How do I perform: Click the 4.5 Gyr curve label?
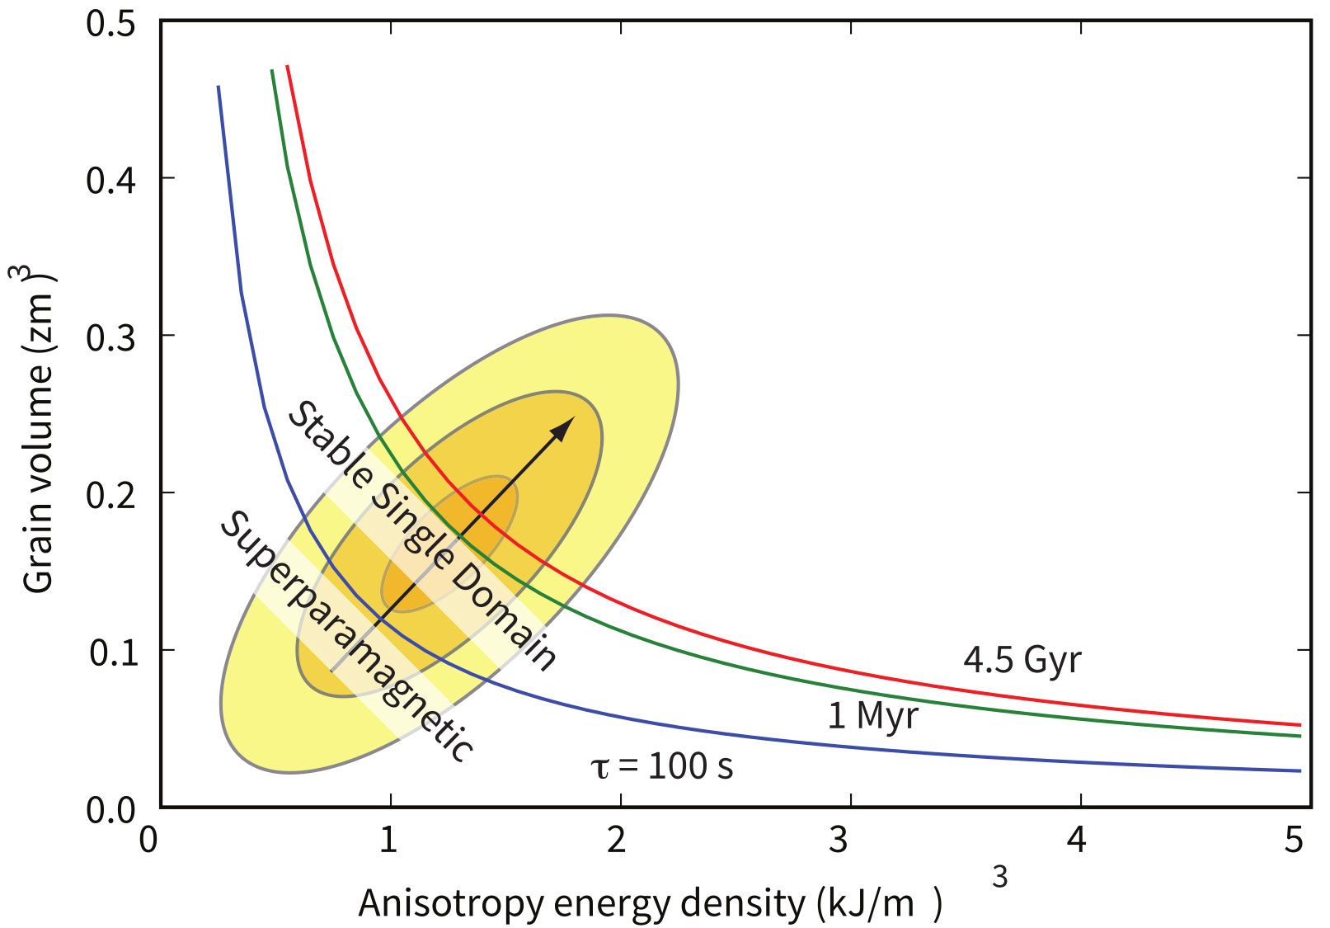tap(1022, 660)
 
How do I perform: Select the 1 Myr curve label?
tap(872, 715)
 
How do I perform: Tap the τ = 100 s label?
tap(661, 766)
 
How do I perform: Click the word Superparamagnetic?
tap(346, 635)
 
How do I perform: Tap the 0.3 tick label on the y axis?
tap(111, 337)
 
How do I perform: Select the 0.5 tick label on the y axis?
tap(111, 23)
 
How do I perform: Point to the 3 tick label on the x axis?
tap(839, 840)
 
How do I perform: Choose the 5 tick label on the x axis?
tap(1294, 840)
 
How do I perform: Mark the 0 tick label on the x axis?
tap(148, 840)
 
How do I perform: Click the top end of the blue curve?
tap(218, 87)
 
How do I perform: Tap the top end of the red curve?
tap(287, 66)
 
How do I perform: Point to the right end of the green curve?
tap(1299, 736)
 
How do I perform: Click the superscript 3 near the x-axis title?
tap(999, 878)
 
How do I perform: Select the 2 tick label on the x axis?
tap(617, 840)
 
